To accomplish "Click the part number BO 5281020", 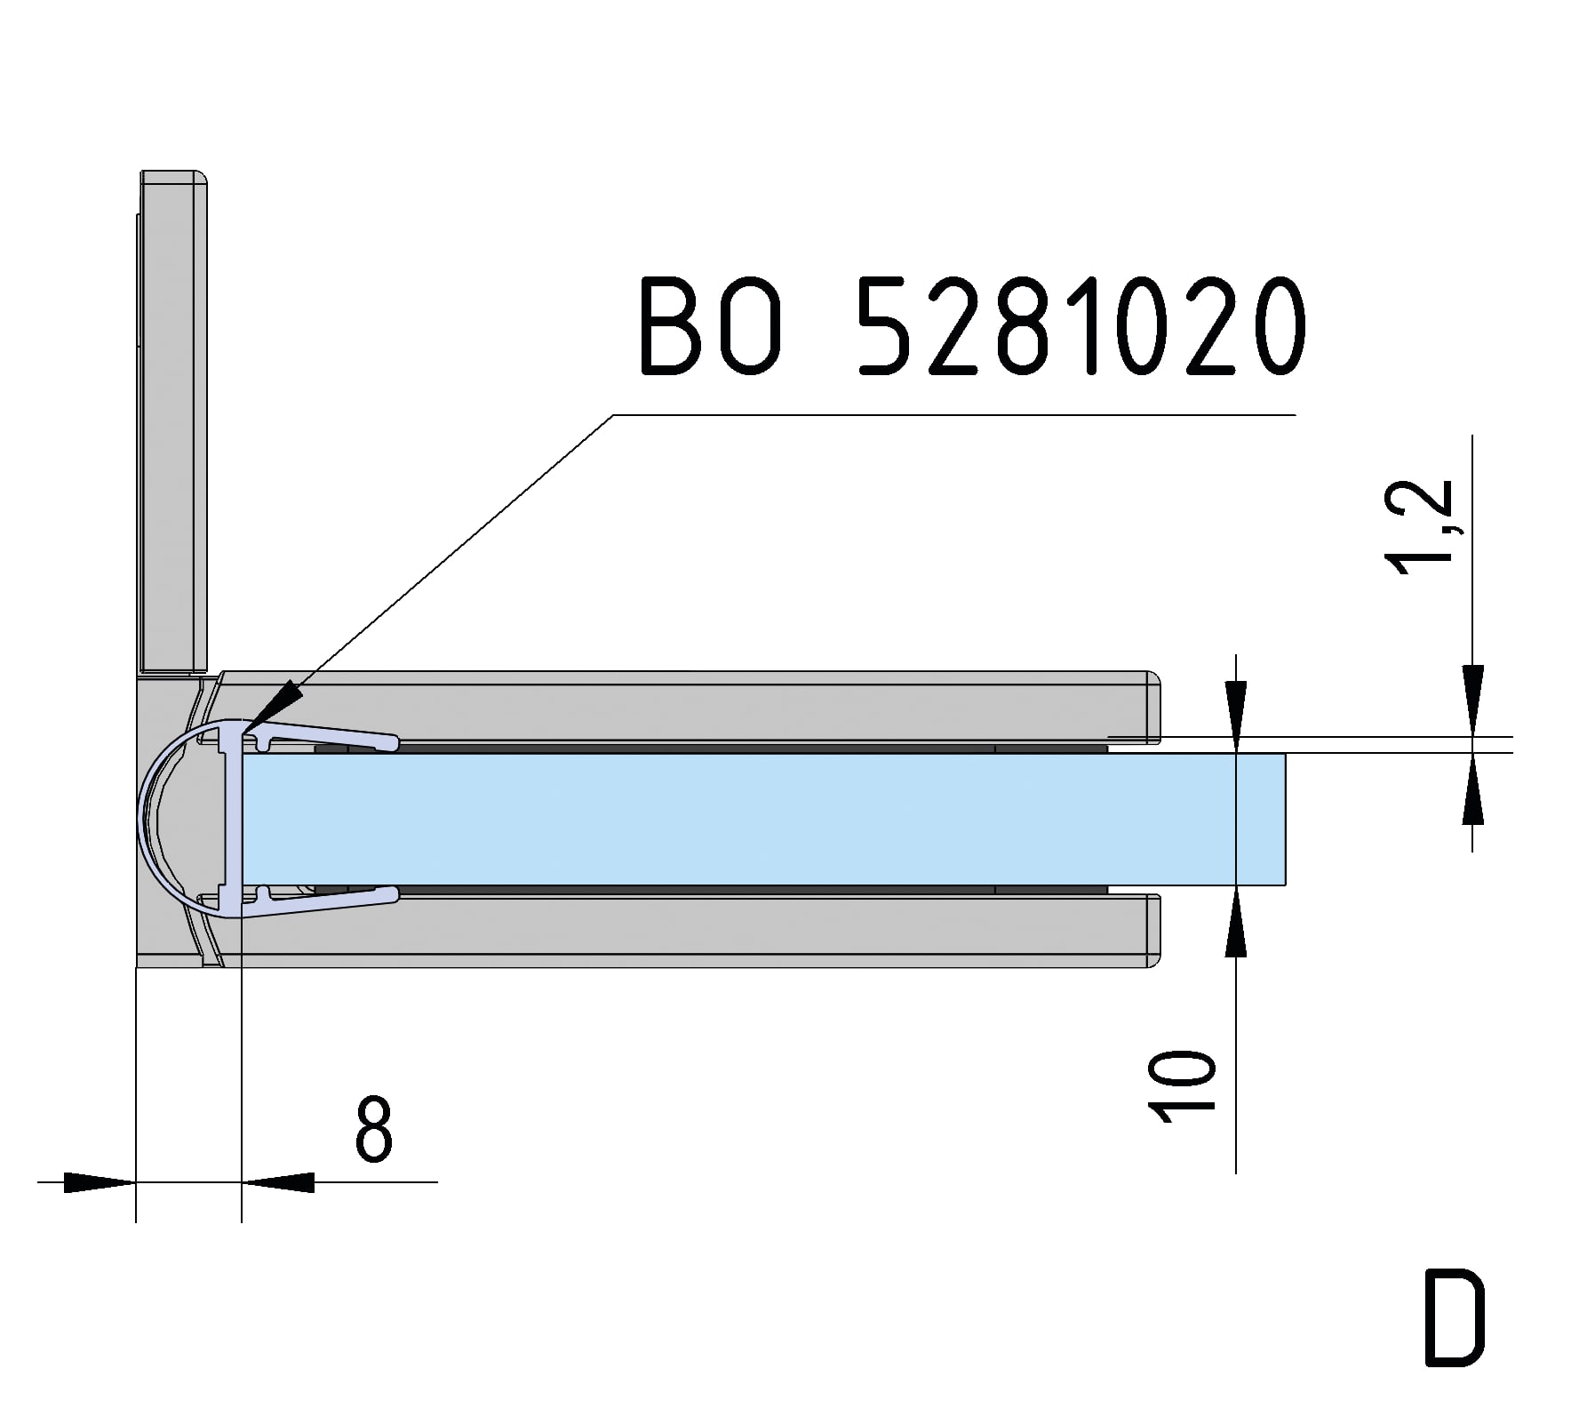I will pyautogui.click(x=973, y=326).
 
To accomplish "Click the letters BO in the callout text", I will pyautogui.click(x=711, y=326).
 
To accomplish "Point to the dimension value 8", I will pyautogui.click(x=373, y=1130).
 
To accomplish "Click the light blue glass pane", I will pyautogui.click(x=755, y=819).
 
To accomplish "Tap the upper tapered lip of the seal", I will pyautogui.click(x=329, y=734).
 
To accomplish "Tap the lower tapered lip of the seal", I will pyautogui.click(x=329, y=901).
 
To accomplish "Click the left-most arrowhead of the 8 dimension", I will pyautogui.click(x=98, y=1182).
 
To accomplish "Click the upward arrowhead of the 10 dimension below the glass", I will pyautogui.click(x=1236, y=925).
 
